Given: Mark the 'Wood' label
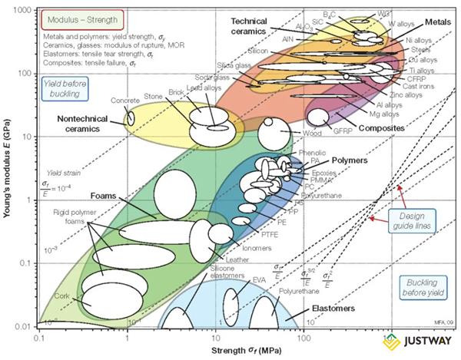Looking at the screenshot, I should [x=290, y=133].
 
